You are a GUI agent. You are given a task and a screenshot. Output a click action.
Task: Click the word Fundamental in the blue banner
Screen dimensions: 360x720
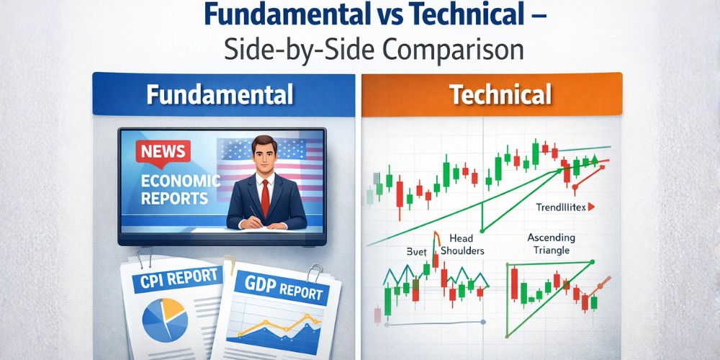[x=220, y=95]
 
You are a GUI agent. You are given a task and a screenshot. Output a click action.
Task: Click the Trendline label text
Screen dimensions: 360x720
[x=561, y=207]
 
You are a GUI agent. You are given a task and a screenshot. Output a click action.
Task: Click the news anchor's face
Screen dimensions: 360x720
[x=262, y=154]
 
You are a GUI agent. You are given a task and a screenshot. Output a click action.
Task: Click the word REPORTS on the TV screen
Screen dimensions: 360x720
[x=165, y=198]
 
